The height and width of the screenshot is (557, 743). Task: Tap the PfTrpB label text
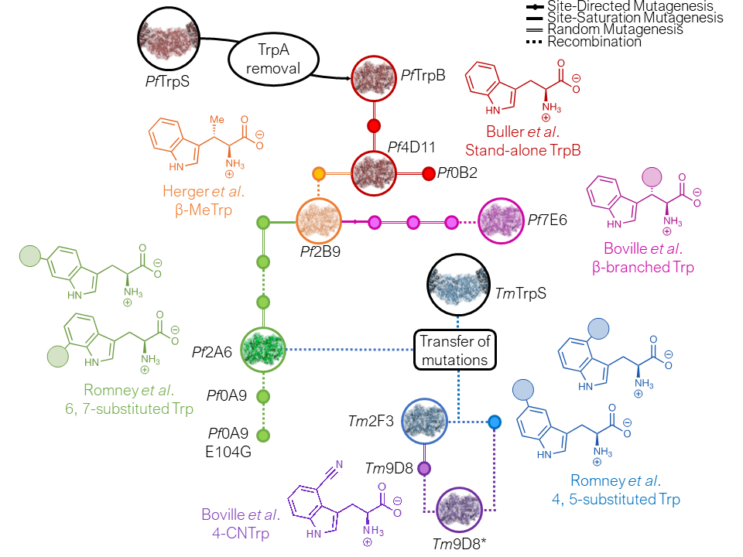[423, 76]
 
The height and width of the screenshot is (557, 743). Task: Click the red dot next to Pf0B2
[429, 173]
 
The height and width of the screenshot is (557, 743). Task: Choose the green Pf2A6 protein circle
[263, 350]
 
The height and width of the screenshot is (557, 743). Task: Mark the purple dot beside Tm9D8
[424, 469]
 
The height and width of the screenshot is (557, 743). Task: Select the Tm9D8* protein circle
[459, 511]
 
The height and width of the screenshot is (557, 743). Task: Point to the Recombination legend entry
[594, 42]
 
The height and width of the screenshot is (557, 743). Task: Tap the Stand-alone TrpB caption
[522, 149]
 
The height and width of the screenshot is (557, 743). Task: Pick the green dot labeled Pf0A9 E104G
[263, 436]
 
